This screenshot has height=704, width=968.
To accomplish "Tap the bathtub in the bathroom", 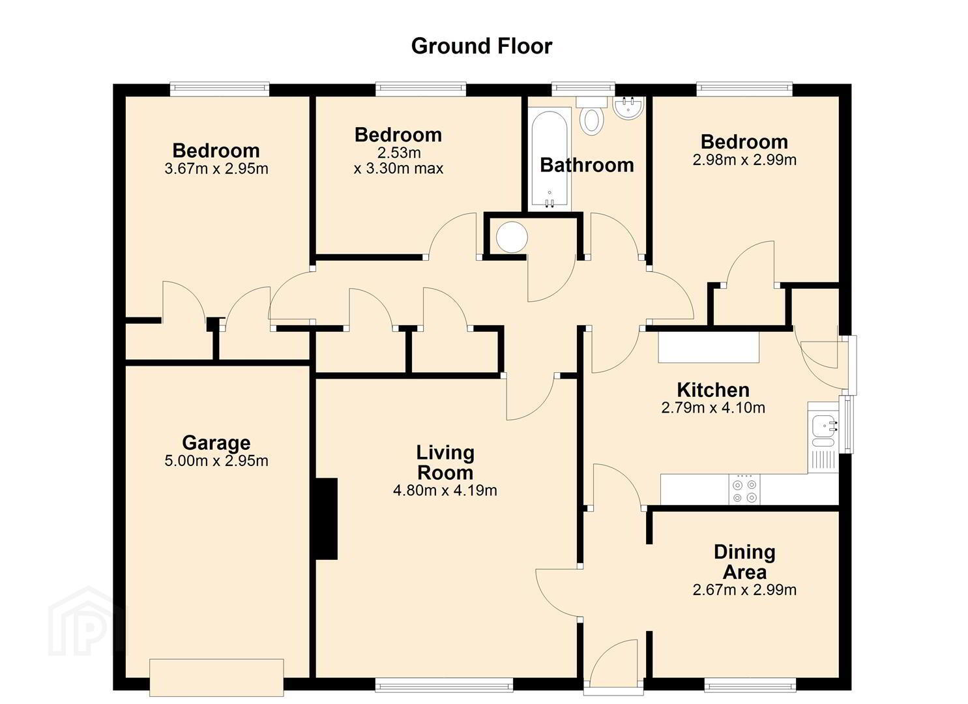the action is (x=550, y=160).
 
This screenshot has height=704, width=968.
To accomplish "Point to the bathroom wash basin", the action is (x=628, y=108).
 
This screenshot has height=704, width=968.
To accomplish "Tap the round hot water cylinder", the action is (x=512, y=237).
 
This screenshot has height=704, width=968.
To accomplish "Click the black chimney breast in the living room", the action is (x=327, y=519).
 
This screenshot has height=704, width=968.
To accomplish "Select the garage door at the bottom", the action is (x=216, y=677).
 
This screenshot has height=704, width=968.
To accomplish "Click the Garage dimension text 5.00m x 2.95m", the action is (x=216, y=461).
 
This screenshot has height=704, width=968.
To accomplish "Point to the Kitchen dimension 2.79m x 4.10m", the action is (x=713, y=407).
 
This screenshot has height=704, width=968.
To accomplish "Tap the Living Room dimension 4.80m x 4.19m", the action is (x=445, y=490).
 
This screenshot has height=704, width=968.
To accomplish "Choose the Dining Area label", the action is (x=744, y=562).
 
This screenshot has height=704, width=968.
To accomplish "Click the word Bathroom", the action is (x=587, y=165).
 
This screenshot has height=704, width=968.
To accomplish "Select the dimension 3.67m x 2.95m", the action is (x=216, y=169).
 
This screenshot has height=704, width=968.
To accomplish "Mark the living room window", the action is (x=444, y=684).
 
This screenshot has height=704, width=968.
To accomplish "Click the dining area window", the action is (x=750, y=684).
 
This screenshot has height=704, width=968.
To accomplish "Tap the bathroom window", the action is (x=583, y=89).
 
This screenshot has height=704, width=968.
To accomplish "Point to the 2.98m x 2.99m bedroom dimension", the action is (x=744, y=160).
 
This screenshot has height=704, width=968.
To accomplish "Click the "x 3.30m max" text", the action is (x=398, y=168).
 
